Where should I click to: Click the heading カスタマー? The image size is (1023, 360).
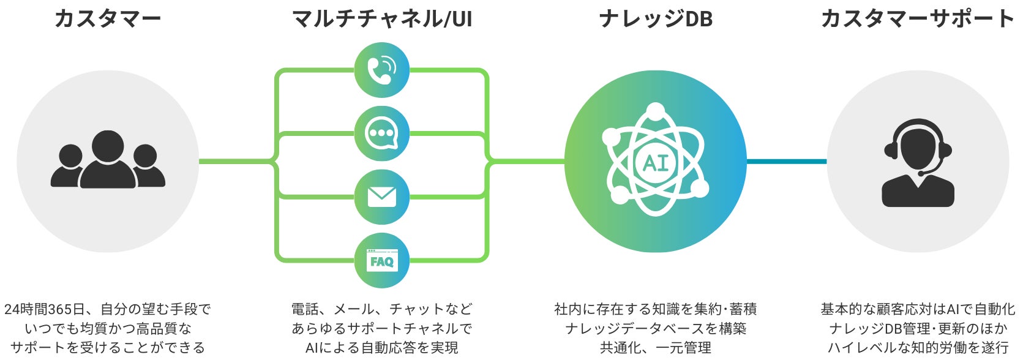click(x=108, y=18)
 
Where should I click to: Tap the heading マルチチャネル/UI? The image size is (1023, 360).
click(x=382, y=18)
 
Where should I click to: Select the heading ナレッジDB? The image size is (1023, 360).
click(x=656, y=18)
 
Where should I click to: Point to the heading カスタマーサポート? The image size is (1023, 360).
click(x=917, y=18)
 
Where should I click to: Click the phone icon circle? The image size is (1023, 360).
click(x=382, y=70)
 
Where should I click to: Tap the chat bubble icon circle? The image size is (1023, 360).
click(x=382, y=133)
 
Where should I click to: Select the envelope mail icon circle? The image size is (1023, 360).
click(x=382, y=197)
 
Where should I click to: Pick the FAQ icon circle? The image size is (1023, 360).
click(x=382, y=261)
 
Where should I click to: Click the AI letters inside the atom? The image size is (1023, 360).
click(x=656, y=163)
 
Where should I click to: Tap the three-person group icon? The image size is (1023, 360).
click(x=108, y=160)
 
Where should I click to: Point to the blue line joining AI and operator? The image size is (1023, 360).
click(x=787, y=162)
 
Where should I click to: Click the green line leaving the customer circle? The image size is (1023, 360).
click(x=236, y=162)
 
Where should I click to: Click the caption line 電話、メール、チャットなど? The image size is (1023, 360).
click(x=382, y=309)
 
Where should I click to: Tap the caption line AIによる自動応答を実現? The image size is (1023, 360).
click(x=382, y=348)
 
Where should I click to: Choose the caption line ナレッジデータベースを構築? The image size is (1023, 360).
click(x=656, y=329)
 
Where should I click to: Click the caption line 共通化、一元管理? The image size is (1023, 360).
click(x=656, y=348)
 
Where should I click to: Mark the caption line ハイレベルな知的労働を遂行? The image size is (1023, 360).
click(x=918, y=348)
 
